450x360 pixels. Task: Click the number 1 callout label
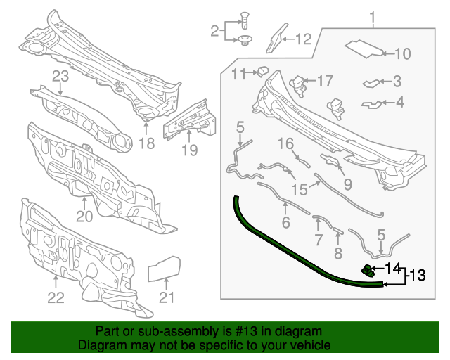(373, 17)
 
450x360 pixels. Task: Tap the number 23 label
(60, 76)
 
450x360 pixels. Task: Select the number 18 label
(146, 144)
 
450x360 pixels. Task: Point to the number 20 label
(84, 217)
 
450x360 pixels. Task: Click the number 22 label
(56, 297)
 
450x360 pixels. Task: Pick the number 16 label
(284, 143)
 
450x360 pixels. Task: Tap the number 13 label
(418, 275)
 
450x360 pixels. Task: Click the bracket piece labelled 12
(276, 38)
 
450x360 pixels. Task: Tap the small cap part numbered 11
(262, 70)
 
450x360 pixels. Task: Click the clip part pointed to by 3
(371, 83)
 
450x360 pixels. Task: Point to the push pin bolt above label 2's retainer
(245, 18)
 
